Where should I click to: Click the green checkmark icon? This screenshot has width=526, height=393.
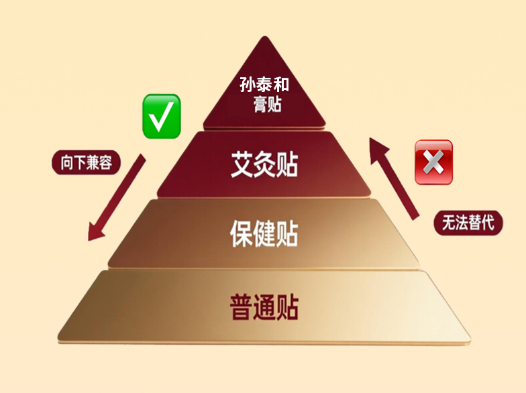coord(161,116)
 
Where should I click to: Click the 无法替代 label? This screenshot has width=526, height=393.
coord(468,222)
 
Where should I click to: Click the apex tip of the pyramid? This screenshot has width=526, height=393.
coord(264,38)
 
